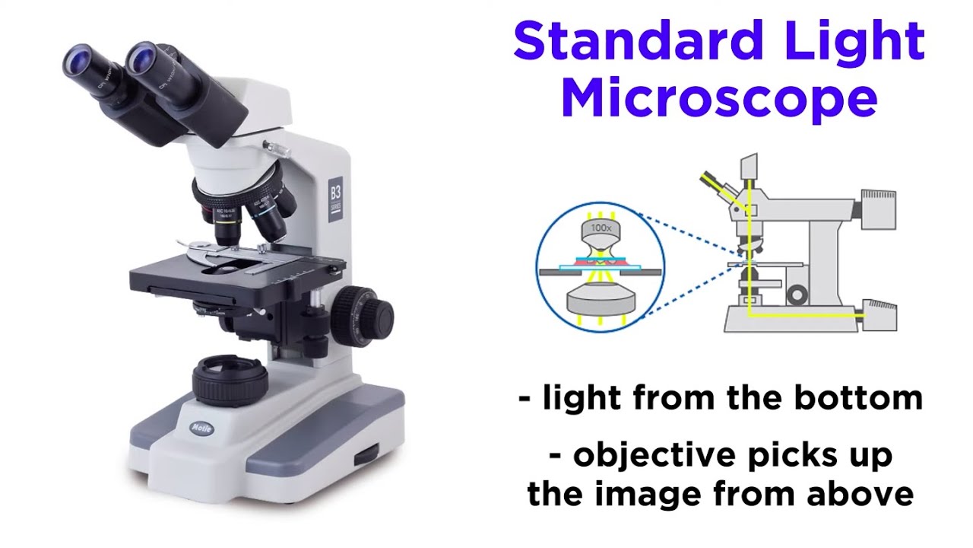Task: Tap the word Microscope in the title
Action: click(x=718, y=99)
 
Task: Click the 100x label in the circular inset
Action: click(x=601, y=228)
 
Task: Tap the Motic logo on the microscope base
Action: click(x=202, y=427)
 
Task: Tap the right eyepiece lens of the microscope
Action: click(x=141, y=55)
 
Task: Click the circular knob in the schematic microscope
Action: click(x=797, y=294)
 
